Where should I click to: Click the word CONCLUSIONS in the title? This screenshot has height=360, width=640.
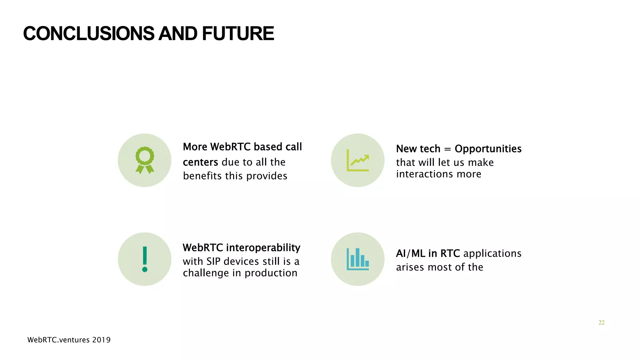[x=89, y=34]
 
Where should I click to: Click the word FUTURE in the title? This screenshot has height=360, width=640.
[x=238, y=34]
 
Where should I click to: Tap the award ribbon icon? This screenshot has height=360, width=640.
[x=145, y=160]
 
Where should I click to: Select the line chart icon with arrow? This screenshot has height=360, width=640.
[x=358, y=160]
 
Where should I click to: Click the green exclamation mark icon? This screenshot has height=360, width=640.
[x=145, y=259]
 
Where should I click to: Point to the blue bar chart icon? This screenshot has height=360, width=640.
[x=358, y=259]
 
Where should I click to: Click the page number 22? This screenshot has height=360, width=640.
[x=601, y=322]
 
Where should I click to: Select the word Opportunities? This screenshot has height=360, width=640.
[x=488, y=149]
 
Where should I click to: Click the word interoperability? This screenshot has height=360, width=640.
[x=263, y=248]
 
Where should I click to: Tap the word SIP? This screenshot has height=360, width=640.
[x=213, y=261]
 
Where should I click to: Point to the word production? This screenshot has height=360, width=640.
[x=271, y=273]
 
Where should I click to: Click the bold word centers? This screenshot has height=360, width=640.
[x=200, y=162]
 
